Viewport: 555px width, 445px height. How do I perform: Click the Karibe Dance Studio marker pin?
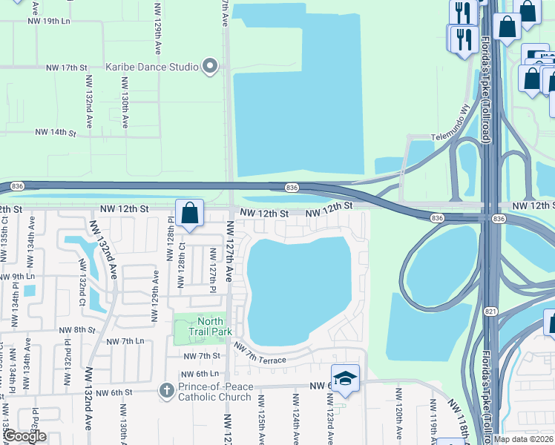coord(211,67)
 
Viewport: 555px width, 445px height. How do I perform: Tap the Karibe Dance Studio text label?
coord(152,67)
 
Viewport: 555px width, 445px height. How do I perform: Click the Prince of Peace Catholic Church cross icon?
coord(167,389)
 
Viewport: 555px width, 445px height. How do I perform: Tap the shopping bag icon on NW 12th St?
coord(190,214)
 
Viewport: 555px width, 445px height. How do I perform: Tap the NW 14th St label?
coord(56,133)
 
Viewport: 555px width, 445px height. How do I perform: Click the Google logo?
coord(24,437)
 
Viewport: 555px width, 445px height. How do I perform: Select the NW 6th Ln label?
coord(203,373)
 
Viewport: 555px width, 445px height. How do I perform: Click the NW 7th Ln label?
coord(125,341)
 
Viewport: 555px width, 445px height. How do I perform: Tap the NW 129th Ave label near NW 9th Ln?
coord(155,295)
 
